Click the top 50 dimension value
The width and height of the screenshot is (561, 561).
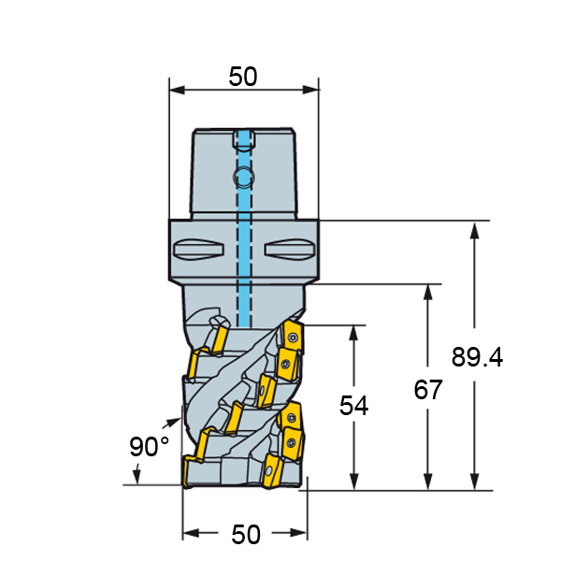coord(243,77)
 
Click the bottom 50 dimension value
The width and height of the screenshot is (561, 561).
coord(246,535)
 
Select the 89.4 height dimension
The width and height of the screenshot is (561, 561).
coord(477,357)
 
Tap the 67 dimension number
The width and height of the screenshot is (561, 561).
coord(428,390)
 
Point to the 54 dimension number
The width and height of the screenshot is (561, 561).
coord(353,406)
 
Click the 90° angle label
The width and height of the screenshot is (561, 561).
coord(149,447)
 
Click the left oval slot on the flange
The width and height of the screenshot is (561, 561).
coord(198,249)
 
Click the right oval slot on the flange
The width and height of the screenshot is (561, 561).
coord(290,249)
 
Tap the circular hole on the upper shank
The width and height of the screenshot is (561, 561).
coord(244,177)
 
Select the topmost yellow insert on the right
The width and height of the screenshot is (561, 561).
coord(294,337)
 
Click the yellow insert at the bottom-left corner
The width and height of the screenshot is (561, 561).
coord(189,471)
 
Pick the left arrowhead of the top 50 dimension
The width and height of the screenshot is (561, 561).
coord(177,90)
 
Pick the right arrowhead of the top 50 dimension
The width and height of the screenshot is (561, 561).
coord(310,90)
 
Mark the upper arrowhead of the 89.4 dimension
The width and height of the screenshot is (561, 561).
coord(474,230)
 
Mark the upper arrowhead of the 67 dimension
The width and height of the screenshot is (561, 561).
coord(428,293)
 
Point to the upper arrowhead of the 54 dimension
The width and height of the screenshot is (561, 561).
coord(353,334)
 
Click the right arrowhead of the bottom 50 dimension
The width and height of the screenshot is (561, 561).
coord(299,533)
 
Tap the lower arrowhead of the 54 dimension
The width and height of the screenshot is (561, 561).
coord(353,482)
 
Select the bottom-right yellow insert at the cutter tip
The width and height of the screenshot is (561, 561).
coord(273,471)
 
